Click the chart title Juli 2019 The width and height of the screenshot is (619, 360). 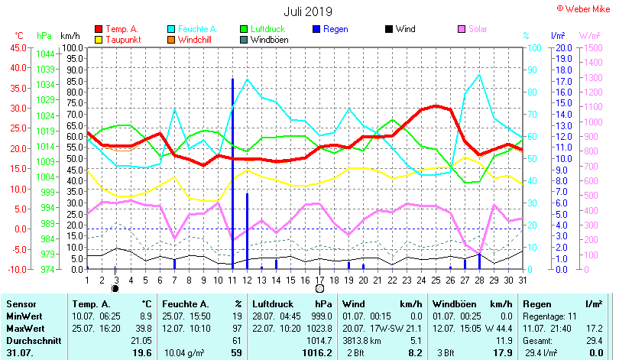308,11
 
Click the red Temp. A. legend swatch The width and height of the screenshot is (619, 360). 98,29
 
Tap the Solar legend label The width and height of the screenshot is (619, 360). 478,29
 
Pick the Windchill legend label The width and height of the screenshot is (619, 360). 196,40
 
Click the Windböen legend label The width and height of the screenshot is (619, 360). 269,40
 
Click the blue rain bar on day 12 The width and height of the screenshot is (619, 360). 247,229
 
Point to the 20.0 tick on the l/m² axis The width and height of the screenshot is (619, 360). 563,47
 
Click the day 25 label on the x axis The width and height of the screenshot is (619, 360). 435,281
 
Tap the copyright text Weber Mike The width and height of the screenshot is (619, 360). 586,8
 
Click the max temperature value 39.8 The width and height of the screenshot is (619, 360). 143,327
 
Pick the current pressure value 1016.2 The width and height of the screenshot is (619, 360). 317,353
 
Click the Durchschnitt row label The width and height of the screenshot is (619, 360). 30,339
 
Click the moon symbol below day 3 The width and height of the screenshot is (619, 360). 115,290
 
